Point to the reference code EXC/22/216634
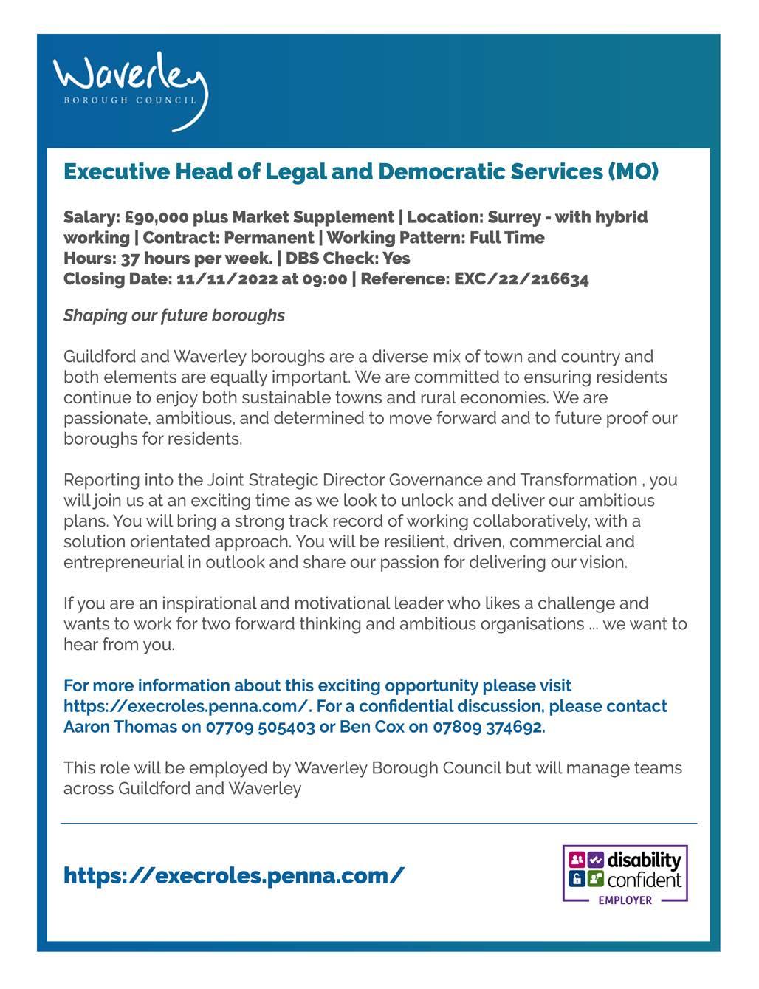(521, 279)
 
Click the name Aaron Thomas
(120, 727)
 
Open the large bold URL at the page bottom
(233, 876)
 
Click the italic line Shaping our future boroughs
(174, 315)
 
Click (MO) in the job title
(633, 172)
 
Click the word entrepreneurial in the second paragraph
(123, 562)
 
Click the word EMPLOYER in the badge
(625, 900)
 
